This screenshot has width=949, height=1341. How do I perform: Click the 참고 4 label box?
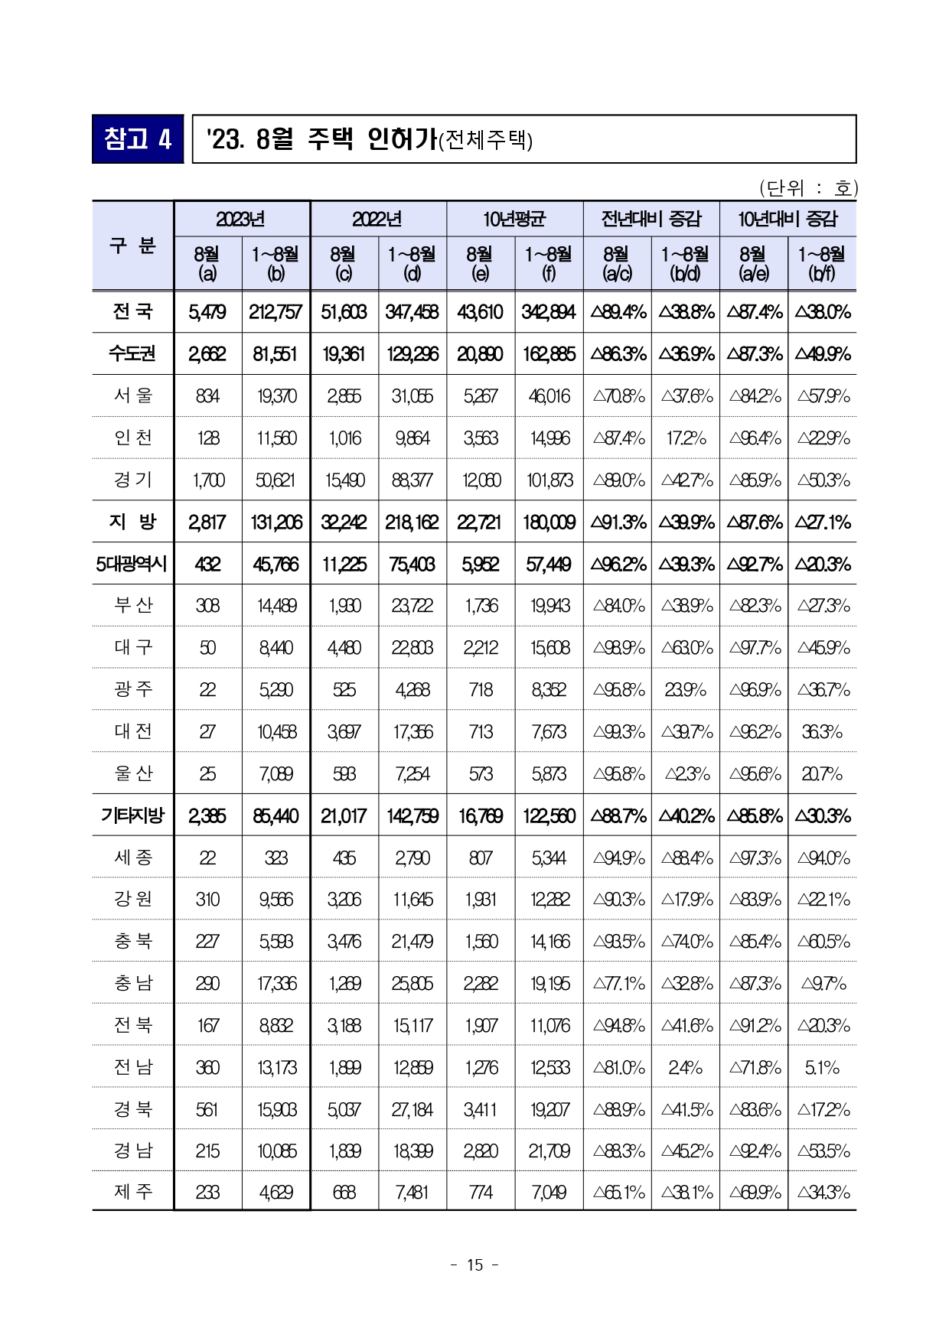138,139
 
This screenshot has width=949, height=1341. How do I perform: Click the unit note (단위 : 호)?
808,187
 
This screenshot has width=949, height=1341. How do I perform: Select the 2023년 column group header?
242,220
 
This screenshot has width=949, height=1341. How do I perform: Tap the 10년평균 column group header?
514,220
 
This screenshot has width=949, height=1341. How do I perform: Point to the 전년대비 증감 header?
651,220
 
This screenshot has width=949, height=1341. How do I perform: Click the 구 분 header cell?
133,246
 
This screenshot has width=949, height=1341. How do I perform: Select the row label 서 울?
133,395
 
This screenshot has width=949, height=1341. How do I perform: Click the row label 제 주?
133,1191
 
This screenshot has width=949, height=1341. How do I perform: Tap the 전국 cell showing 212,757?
276,312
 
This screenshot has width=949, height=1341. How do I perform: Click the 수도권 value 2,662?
207,354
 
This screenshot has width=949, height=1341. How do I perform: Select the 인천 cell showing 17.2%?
685,438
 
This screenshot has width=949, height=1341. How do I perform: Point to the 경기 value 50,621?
276,480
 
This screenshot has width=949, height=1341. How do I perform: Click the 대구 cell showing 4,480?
344,648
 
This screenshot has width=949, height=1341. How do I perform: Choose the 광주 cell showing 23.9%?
685,690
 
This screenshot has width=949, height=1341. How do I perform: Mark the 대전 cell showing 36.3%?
822,732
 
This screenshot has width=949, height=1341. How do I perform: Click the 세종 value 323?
276,858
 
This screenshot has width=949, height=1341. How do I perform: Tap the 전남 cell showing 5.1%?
822,1068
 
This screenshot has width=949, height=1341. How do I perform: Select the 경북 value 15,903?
276,1110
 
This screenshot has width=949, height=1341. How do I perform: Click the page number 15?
475,1265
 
